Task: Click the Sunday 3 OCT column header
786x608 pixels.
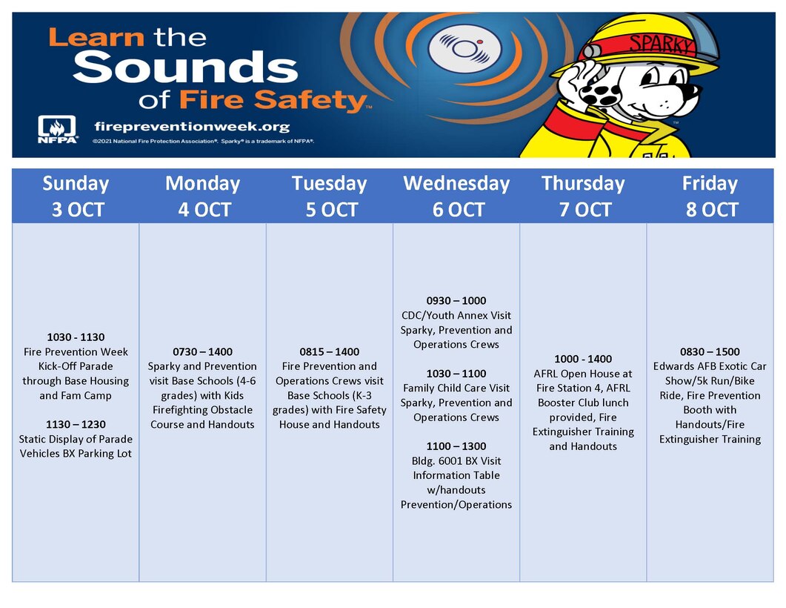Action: [x=76, y=196]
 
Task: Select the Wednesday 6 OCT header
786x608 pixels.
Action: [x=456, y=196]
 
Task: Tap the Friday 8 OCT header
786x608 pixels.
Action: [x=710, y=196]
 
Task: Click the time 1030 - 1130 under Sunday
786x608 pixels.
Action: [x=76, y=337]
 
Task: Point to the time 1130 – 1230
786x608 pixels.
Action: [x=76, y=425]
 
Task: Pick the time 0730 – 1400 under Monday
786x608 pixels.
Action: [x=202, y=352]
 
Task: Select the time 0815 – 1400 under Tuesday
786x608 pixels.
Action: [x=329, y=352]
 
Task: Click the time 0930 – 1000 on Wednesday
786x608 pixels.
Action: [x=456, y=301]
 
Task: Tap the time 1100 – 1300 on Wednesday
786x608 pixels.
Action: [x=456, y=446]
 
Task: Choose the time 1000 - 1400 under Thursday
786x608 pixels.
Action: [x=583, y=359]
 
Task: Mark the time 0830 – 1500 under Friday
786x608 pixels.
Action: [x=710, y=352]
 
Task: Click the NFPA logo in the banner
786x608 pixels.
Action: [x=58, y=129]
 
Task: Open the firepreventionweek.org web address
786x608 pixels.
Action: [x=192, y=127]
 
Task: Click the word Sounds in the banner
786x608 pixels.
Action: [x=185, y=68]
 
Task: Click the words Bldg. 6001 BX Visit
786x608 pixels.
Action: [x=456, y=461]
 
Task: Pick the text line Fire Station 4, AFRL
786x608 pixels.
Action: [x=583, y=388]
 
